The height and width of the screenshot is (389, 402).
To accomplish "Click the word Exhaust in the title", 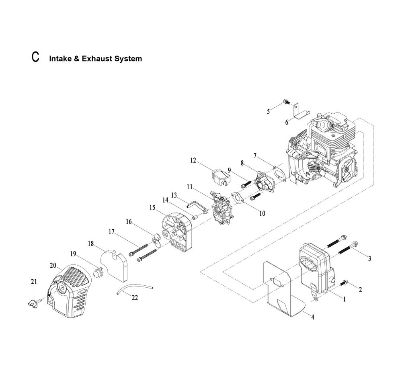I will pyautogui.click(x=96, y=59).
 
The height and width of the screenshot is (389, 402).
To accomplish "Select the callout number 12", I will pyautogui.click(x=193, y=161).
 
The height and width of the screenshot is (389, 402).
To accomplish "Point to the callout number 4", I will pyautogui.click(x=312, y=317).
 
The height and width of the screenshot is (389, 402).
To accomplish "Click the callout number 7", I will pyautogui.click(x=255, y=155).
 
